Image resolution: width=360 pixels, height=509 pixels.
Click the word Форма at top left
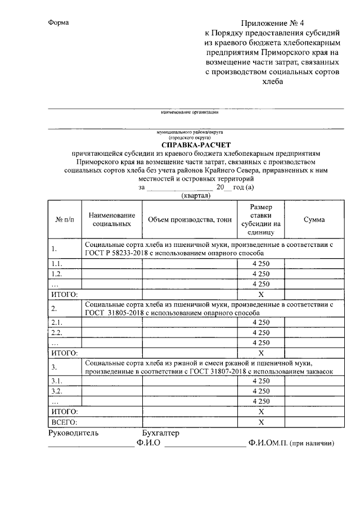(x=58, y=22)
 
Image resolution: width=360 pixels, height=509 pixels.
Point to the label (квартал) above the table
(x=196, y=196)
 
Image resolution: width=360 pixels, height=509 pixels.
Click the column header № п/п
(x=65, y=220)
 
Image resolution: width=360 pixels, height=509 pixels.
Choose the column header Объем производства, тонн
(x=190, y=220)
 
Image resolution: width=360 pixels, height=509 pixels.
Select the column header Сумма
(x=313, y=220)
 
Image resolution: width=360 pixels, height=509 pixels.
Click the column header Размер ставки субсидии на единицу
(x=261, y=219)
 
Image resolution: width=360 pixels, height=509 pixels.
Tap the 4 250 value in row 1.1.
(x=261, y=263)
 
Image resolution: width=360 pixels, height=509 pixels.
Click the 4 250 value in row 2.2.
(x=261, y=332)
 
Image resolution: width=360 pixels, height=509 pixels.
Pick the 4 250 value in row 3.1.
(x=261, y=381)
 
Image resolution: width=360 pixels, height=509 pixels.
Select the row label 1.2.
(x=56, y=273)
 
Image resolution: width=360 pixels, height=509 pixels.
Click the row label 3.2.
(x=56, y=391)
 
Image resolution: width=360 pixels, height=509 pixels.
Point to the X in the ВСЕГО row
(x=261, y=421)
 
